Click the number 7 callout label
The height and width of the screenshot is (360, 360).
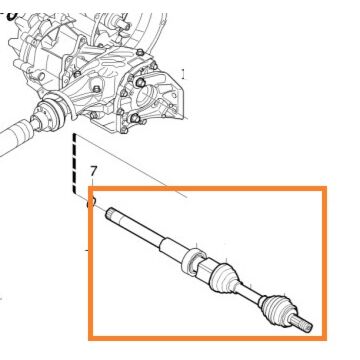tap(94, 171)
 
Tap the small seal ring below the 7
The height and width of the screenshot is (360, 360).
tap(92, 202)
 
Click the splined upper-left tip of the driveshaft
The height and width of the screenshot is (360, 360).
tap(110, 214)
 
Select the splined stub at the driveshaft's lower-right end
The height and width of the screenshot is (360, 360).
tap(301, 323)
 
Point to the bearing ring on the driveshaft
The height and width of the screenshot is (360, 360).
tap(192, 261)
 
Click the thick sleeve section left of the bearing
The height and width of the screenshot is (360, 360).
tap(172, 248)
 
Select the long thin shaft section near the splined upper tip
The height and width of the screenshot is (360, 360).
tap(138, 229)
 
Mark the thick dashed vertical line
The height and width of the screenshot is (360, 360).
tap(75, 164)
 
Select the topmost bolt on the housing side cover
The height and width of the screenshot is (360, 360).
tap(140, 52)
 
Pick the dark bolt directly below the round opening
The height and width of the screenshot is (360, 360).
tap(135, 118)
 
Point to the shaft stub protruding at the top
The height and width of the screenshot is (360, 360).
tap(122, 22)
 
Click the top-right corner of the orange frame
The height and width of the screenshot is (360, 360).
tap(325, 188)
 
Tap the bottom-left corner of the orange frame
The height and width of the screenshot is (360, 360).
tap(90, 338)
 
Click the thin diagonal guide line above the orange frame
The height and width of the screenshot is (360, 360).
tap(132, 167)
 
